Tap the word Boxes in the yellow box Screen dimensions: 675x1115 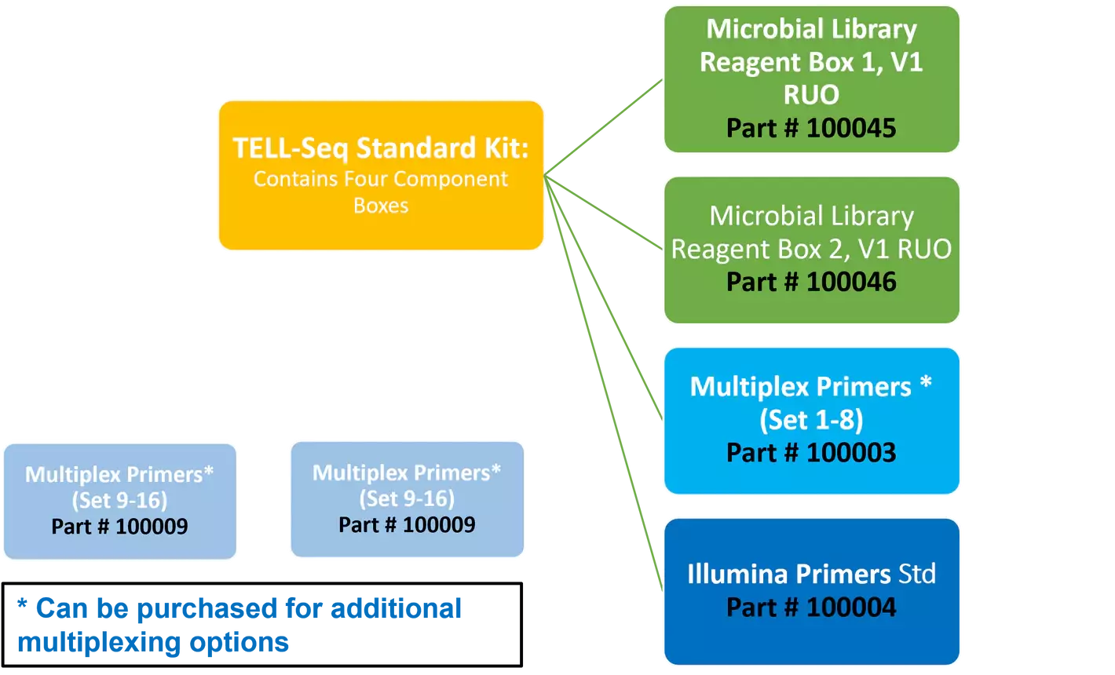pyautogui.click(x=381, y=206)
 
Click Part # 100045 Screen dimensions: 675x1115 pyautogui.click(x=811, y=128)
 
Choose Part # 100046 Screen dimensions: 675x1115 pyautogui.click(x=811, y=282)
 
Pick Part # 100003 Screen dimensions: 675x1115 pyautogui.click(x=811, y=453)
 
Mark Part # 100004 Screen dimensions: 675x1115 pyautogui.click(x=811, y=607)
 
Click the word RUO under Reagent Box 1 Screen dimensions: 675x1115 pyautogui.click(x=811, y=95)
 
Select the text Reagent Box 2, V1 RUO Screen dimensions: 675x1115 pyautogui.click(x=811, y=249)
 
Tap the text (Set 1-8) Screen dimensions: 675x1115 pyautogui.click(x=811, y=420)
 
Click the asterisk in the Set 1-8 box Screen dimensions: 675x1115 pyautogui.click(x=927, y=385)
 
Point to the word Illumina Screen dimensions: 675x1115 pyautogui.click(x=737, y=575)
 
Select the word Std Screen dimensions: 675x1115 pyautogui.click(x=916, y=575)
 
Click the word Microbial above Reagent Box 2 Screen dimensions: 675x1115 pyautogui.click(x=759, y=216)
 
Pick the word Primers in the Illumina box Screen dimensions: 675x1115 pyautogui.click(x=843, y=575)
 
